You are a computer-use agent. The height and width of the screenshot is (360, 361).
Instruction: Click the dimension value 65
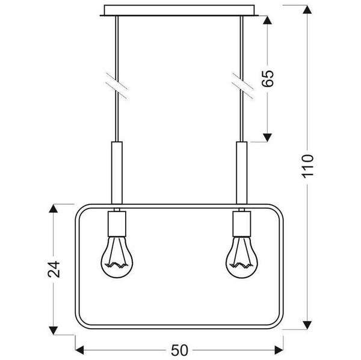(x=270, y=78)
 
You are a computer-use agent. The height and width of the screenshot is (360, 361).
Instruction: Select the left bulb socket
(x=117, y=224)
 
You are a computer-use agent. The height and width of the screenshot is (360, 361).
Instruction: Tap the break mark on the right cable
(x=241, y=84)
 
